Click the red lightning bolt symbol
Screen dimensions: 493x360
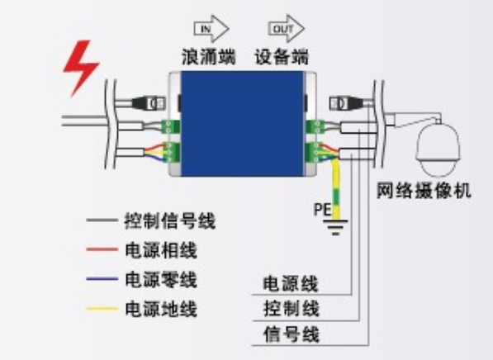(x=81, y=67)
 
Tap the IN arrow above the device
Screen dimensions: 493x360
(x=211, y=29)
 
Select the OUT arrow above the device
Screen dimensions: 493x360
(x=286, y=29)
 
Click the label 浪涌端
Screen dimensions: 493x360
(x=208, y=57)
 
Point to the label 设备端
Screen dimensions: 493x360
(x=282, y=57)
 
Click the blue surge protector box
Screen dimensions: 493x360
(x=243, y=124)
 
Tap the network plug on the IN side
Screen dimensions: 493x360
(x=149, y=103)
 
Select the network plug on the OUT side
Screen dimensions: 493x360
(x=345, y=103)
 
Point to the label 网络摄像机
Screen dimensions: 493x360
(x=424, y=191)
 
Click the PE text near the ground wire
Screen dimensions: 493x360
(x=322, y=209)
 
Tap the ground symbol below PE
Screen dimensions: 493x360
(x=335, y=227)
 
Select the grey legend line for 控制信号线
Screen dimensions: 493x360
(x=102, y=220)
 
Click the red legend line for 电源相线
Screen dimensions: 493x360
(x=102, y=249)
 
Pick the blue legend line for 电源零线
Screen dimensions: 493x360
(x=102, y=279)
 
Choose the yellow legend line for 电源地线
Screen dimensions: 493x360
(x=102, y=309)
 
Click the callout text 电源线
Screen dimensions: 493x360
(x=291, y=284)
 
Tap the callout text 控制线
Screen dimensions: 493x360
(x=292, y=309)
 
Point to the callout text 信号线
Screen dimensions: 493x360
(x=292, y=334)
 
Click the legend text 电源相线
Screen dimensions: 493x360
(x=161, y=250)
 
